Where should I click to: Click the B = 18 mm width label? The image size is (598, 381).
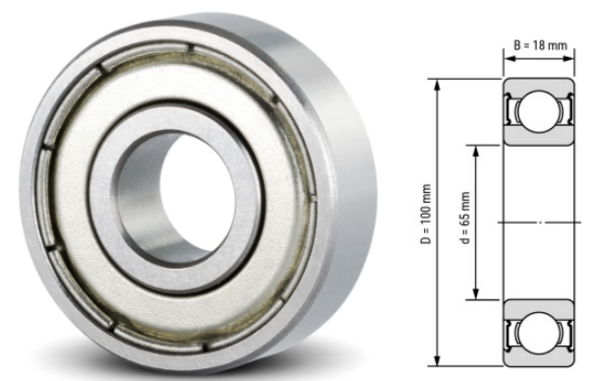pos(539,44)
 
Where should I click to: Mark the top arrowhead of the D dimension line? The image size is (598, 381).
pos(439,81)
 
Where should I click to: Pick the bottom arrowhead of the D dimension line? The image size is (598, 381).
pos(439,366)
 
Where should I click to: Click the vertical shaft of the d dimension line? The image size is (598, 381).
pos(477,256)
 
